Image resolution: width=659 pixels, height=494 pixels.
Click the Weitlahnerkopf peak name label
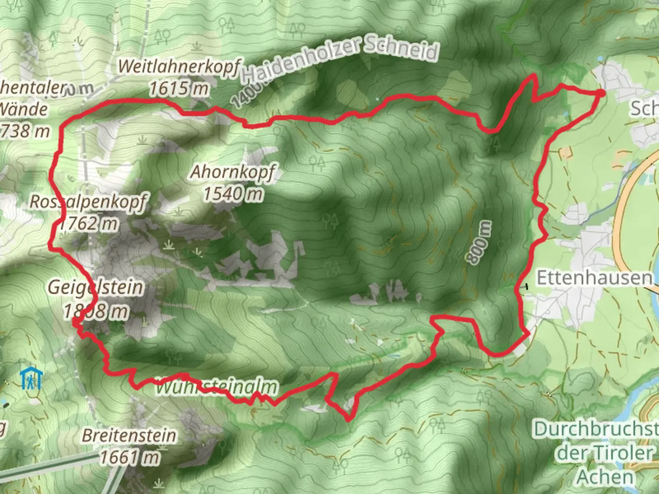(178, 67)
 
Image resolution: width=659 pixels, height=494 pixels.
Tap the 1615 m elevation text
(178, 88)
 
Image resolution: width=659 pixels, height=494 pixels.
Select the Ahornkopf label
(232, 172)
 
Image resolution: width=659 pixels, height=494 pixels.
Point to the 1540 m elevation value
(233, 194)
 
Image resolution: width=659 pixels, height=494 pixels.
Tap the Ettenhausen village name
(594, 278)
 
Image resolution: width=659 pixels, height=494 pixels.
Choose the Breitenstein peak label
(129, 435)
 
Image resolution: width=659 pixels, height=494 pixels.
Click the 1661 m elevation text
(130, 457)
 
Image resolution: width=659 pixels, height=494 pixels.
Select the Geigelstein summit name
(96, 288)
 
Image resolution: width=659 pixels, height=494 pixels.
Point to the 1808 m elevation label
(96, 312)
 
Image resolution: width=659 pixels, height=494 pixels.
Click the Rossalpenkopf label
(89, 202)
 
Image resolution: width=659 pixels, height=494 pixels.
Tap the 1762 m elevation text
(88, 224)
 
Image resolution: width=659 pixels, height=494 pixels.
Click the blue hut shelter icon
(31, 379)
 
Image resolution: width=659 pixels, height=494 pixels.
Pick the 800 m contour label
(480, 242)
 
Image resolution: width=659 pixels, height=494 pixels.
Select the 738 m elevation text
(25, 131)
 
